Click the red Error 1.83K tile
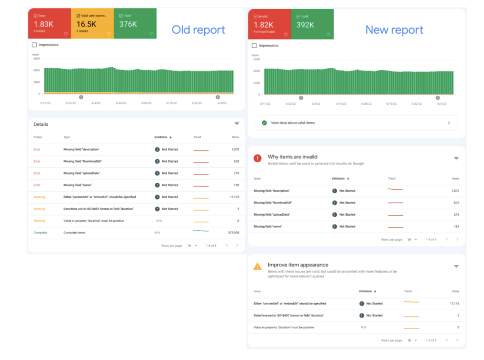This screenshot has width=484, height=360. click(x=49, y=23)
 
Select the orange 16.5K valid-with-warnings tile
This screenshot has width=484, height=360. click(x=92, y=23)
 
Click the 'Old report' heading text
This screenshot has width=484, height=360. click(x=198, y=30)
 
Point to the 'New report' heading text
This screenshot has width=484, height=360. click(x=394, y=30)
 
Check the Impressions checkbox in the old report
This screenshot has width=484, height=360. click(x=34, y=45)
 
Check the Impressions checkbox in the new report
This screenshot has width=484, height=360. click(x=254, y=46)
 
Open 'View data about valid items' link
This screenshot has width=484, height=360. click(x=293, y=123)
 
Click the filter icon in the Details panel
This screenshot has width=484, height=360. click(x=237, y=123)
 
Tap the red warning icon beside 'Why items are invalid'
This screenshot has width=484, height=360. click(x=258, y=158)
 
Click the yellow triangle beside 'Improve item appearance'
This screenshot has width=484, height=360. click(x=258, y=266)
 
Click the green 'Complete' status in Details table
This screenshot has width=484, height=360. click(x=40, y=233)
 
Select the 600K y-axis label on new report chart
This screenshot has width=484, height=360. click(x=256, y=59)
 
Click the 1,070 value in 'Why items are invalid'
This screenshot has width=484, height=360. click(x=454, y=191)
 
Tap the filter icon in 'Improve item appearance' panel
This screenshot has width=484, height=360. click(x=456, y=266)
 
